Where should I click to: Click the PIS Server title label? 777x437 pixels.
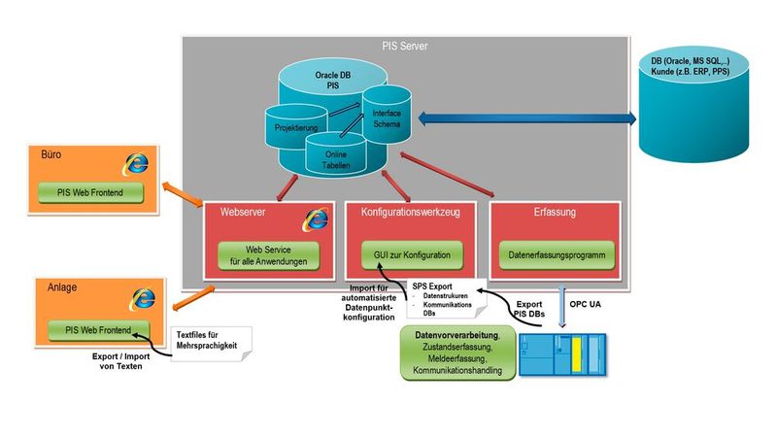406,46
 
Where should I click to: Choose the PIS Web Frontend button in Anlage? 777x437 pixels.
98,329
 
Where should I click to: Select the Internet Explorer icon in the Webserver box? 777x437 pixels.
315,218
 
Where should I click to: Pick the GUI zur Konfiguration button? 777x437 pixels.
412,255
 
